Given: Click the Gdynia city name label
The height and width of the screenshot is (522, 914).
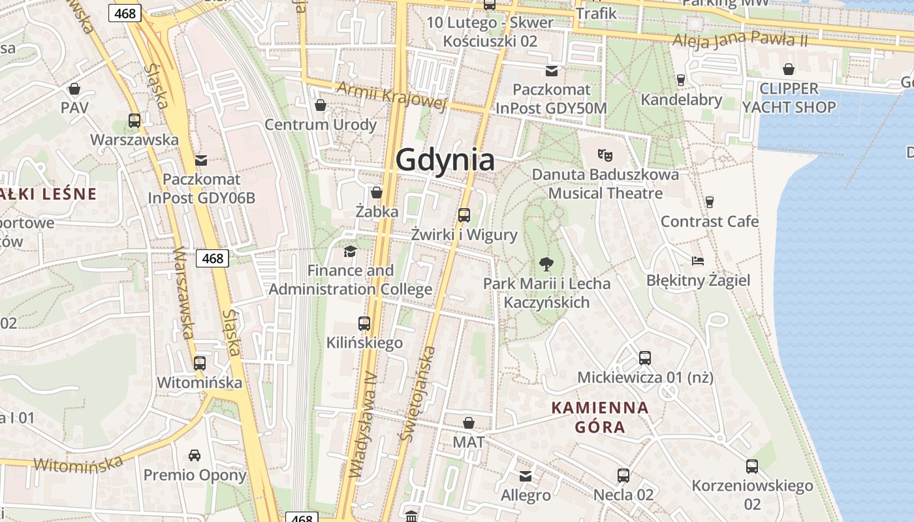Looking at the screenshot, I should pos(445,160).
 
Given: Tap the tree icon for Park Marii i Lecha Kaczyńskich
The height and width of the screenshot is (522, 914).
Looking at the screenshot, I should pos(546,264).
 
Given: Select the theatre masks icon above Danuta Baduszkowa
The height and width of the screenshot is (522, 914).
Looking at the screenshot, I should pos(605,155).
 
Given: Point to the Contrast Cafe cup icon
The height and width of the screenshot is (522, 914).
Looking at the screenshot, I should pos(710,202).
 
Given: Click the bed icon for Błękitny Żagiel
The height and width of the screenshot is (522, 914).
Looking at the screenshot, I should pos(698,261).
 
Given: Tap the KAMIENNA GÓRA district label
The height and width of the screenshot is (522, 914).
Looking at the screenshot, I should pos(600,418).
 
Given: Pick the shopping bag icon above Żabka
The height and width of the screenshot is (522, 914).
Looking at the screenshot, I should pos(377,192).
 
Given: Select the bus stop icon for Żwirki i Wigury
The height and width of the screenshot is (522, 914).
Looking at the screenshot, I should pos(464,215).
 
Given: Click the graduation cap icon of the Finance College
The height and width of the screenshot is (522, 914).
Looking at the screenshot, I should pos(351,251).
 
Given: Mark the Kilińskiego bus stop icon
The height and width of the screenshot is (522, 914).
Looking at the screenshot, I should pos(364,323).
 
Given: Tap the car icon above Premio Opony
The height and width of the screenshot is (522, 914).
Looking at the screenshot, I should pos(195,455).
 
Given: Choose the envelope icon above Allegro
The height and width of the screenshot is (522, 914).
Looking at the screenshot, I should pos(526,476).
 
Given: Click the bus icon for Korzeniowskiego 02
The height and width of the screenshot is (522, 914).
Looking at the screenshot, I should pos(752,467).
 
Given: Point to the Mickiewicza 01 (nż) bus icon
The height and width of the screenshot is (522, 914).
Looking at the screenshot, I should pos(645,358).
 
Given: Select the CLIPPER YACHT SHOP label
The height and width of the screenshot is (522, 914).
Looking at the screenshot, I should pos(789,98).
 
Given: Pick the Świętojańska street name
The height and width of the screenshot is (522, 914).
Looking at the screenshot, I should pos(419,394).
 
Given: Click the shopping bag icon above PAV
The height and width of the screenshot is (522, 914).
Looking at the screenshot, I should pos(74,89).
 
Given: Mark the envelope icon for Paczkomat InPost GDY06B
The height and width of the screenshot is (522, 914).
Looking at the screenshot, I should pos(200,160).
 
